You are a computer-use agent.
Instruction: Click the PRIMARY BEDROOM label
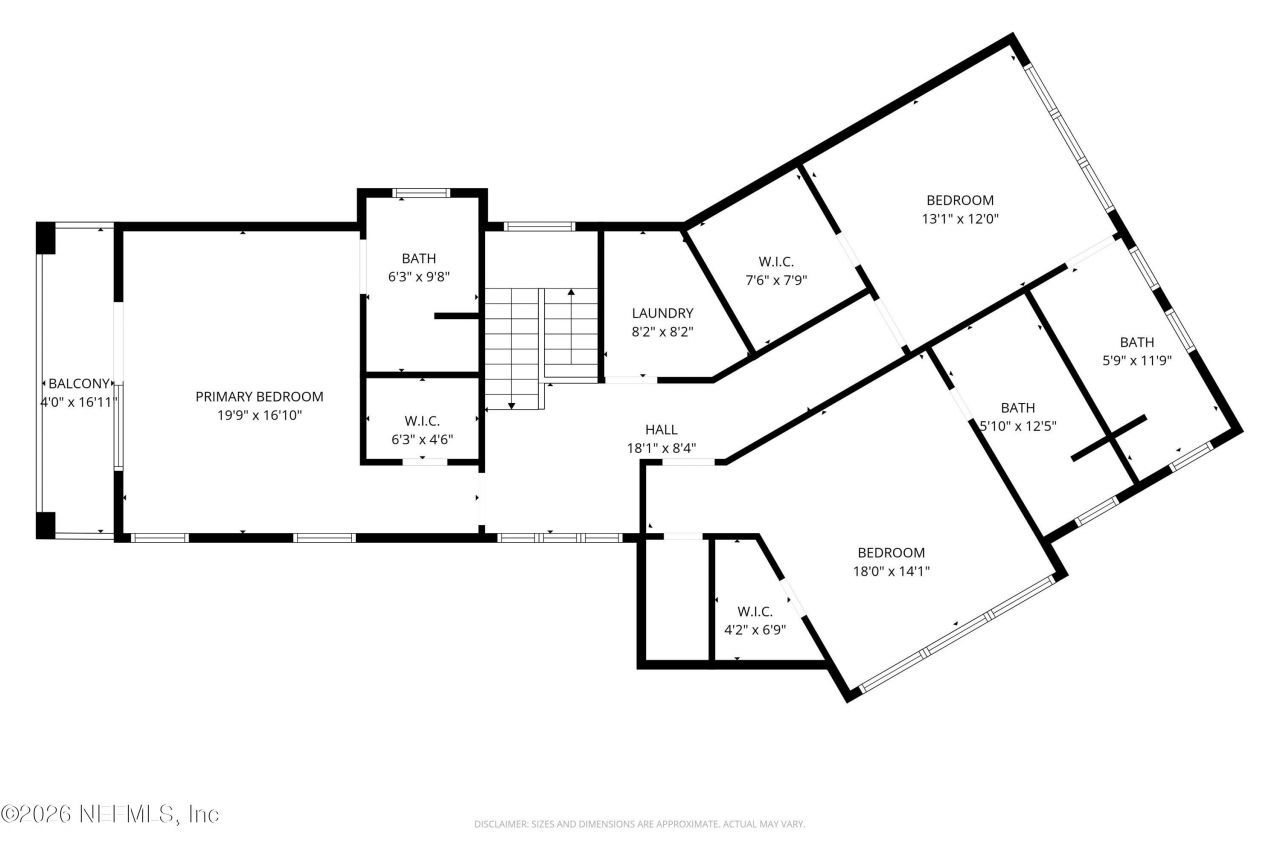(259, 397)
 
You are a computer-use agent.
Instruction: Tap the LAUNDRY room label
(662, 313)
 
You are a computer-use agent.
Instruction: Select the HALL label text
(661, 430)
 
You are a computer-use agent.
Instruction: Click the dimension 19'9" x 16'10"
(259, 415)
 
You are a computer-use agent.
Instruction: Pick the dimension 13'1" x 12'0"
(960, 218)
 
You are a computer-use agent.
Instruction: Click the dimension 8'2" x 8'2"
(662, 331)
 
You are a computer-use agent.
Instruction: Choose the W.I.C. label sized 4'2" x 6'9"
(755, 611)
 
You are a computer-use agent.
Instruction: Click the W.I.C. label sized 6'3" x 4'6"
(422, 421)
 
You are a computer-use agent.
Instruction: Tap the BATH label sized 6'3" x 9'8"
(419, 258)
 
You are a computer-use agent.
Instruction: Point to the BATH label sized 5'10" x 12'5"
(1018, 407)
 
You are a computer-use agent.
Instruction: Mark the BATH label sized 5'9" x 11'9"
(1136, 341)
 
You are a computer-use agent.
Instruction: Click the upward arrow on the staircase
(570, 294)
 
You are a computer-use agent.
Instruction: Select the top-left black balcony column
(46, 238)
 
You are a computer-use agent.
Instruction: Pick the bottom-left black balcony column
(46, 524)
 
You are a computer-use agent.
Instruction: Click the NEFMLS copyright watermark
(110, 814)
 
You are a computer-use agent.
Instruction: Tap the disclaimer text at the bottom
(640, 824)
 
